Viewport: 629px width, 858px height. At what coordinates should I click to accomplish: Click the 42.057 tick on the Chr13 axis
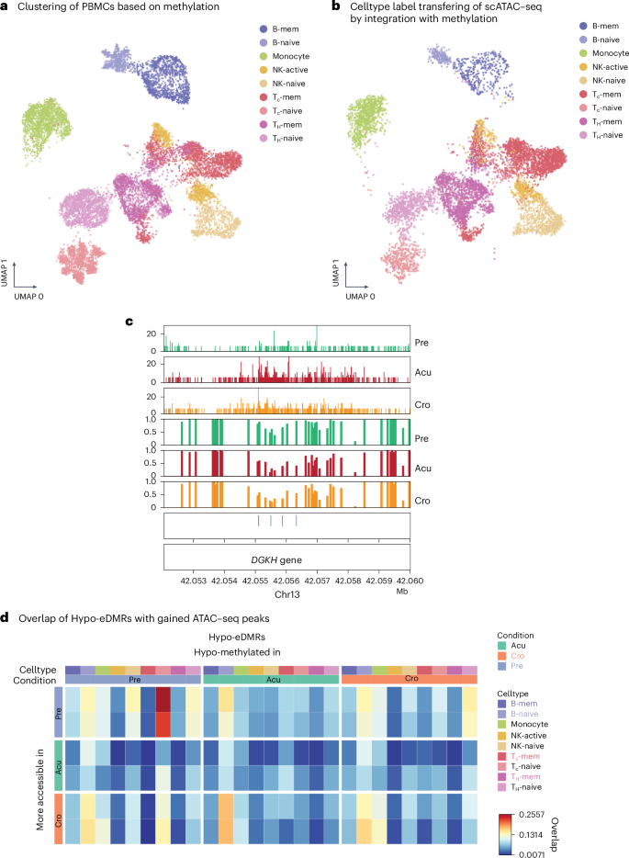pos(317,582)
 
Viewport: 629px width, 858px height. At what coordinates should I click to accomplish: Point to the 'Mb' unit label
pos(402,593)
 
